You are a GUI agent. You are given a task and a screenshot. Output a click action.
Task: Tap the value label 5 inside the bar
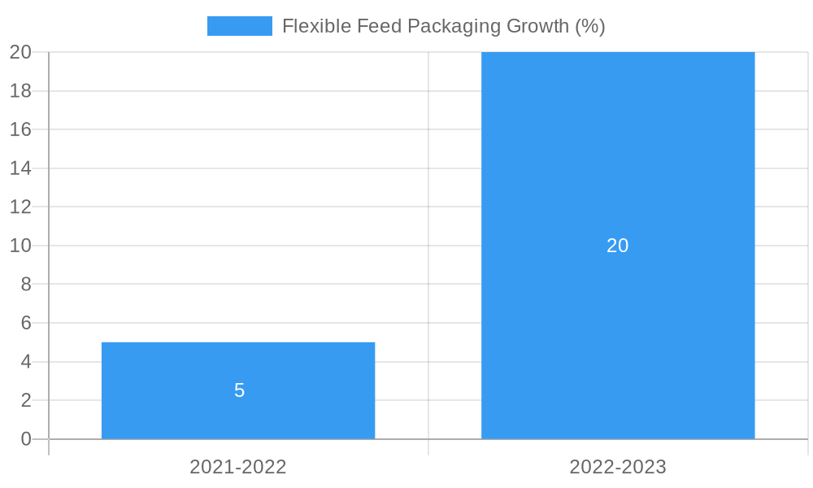pyautogui.click(x=239, y=390)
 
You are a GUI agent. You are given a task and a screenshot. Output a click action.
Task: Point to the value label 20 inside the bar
pyautogui.click(x=618, y=246)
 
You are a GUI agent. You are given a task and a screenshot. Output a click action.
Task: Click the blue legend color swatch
pyautogui.click(x=240, y=26)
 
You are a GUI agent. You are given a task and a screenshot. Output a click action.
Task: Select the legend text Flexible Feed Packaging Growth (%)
pyautogui.click(x=443, y=26)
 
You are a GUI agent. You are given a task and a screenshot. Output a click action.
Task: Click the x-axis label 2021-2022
pyautogui.click(x=238, y=467)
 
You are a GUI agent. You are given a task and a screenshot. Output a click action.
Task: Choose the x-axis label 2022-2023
pyautogui.click(x=618, y=467)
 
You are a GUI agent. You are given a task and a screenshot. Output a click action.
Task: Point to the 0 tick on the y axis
pyautogui.click(x=26, y=439)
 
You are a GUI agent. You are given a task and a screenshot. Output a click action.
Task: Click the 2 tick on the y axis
pyautogui.click(x=26, y=400)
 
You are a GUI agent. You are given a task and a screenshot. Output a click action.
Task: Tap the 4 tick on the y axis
pyautogui.click(x=26, y=362)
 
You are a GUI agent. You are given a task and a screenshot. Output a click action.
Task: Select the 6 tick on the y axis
pyautogui.click(x=26, y=323)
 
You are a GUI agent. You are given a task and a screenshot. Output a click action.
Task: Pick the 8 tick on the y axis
pyautogui.click(x=26, y=285)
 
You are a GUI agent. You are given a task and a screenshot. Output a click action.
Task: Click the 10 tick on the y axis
pyautogui.click(x=20, y=246)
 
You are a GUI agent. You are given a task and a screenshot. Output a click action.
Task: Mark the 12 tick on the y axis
pyautogui.click(x=20, y=207)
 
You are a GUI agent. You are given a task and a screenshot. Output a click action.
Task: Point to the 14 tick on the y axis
pyautogui.click(x=20, y=168)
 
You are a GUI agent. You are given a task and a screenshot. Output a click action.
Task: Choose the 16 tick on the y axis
pyautogui.click(x=20, y=129)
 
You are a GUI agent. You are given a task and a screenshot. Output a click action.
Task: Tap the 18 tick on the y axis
pyautogui.click(x=20, y=91)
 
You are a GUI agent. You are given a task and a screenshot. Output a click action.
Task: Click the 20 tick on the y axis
pyautogui.click(x=20, y=52)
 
